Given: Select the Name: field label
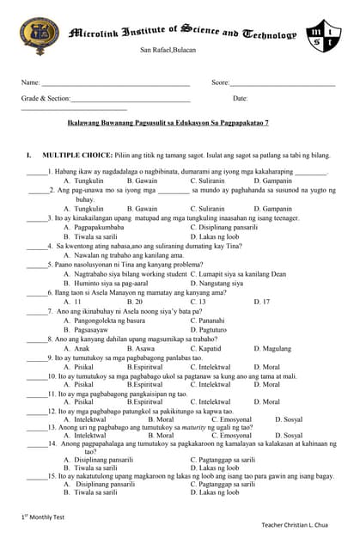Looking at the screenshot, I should [31, 82].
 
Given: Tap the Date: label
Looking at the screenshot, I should [241, 99].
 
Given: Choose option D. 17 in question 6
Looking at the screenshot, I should [261, 302].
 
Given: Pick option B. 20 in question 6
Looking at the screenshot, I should [134, 302].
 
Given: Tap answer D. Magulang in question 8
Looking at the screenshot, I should [273, 349].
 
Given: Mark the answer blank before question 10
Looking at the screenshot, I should [35, 376].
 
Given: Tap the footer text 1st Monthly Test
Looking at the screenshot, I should [44, 516].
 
